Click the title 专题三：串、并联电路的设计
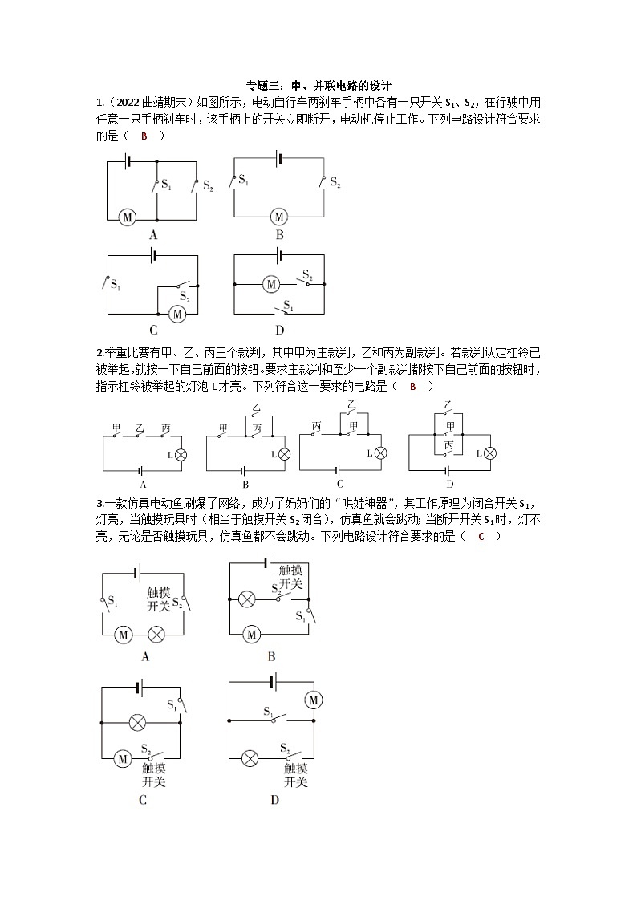(318, 85)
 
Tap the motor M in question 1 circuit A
(127, 217)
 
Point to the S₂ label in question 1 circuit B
(335, 184)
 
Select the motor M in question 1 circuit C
(177, 314)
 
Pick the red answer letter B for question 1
(144, 136)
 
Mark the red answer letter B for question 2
(413, 386)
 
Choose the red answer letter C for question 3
(481, 536)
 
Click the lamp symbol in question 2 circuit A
(181, 454)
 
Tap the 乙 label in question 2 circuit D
(448, 405)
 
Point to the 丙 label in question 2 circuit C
(317, 426)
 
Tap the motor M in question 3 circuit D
(313, 700)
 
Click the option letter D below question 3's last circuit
(274, 799)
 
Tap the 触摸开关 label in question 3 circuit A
(159, 599)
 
